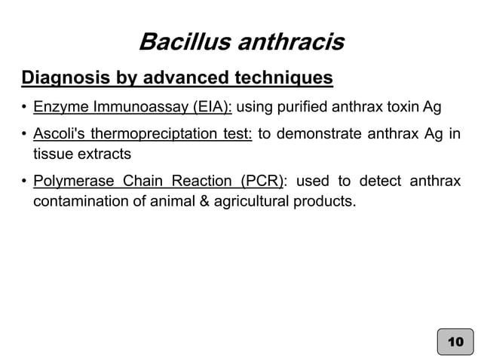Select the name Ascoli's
tap(58, 136)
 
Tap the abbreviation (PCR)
tap(261, 182)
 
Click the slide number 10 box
tap(455, 341)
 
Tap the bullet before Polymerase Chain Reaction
tap(25, 182)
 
